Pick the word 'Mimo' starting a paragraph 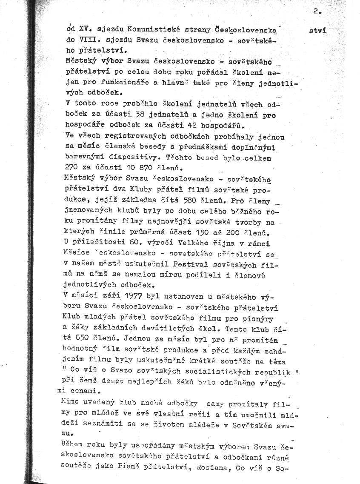point(70,401)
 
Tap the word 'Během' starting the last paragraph point(73,446)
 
